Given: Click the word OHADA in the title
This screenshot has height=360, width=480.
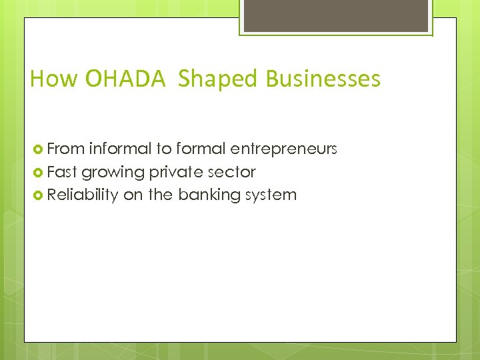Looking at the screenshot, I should coord(125,79).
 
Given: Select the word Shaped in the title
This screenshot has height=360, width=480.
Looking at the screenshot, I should coord(217,79).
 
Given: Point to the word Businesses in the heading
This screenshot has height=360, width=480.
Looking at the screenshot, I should coord(323,79).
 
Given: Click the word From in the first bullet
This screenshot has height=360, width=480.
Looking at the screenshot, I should coord(65,148).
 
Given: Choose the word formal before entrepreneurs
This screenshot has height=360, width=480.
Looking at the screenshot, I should coord(201,148).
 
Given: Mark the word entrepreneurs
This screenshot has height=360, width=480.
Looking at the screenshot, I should coord(284,149).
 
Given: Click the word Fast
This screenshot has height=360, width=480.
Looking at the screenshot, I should coord(62,171).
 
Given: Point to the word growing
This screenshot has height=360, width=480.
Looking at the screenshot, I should coord(113,172).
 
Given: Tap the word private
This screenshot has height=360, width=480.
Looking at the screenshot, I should coord(175,171).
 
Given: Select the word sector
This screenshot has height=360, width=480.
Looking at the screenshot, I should coord(231,171).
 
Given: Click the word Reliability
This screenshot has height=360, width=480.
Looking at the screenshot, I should coord(83,195).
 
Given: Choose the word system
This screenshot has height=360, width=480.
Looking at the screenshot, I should coord(271,195).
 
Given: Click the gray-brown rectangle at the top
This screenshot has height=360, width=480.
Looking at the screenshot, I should coord(335,15).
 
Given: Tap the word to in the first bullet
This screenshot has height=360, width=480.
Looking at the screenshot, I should coord(164,148).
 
